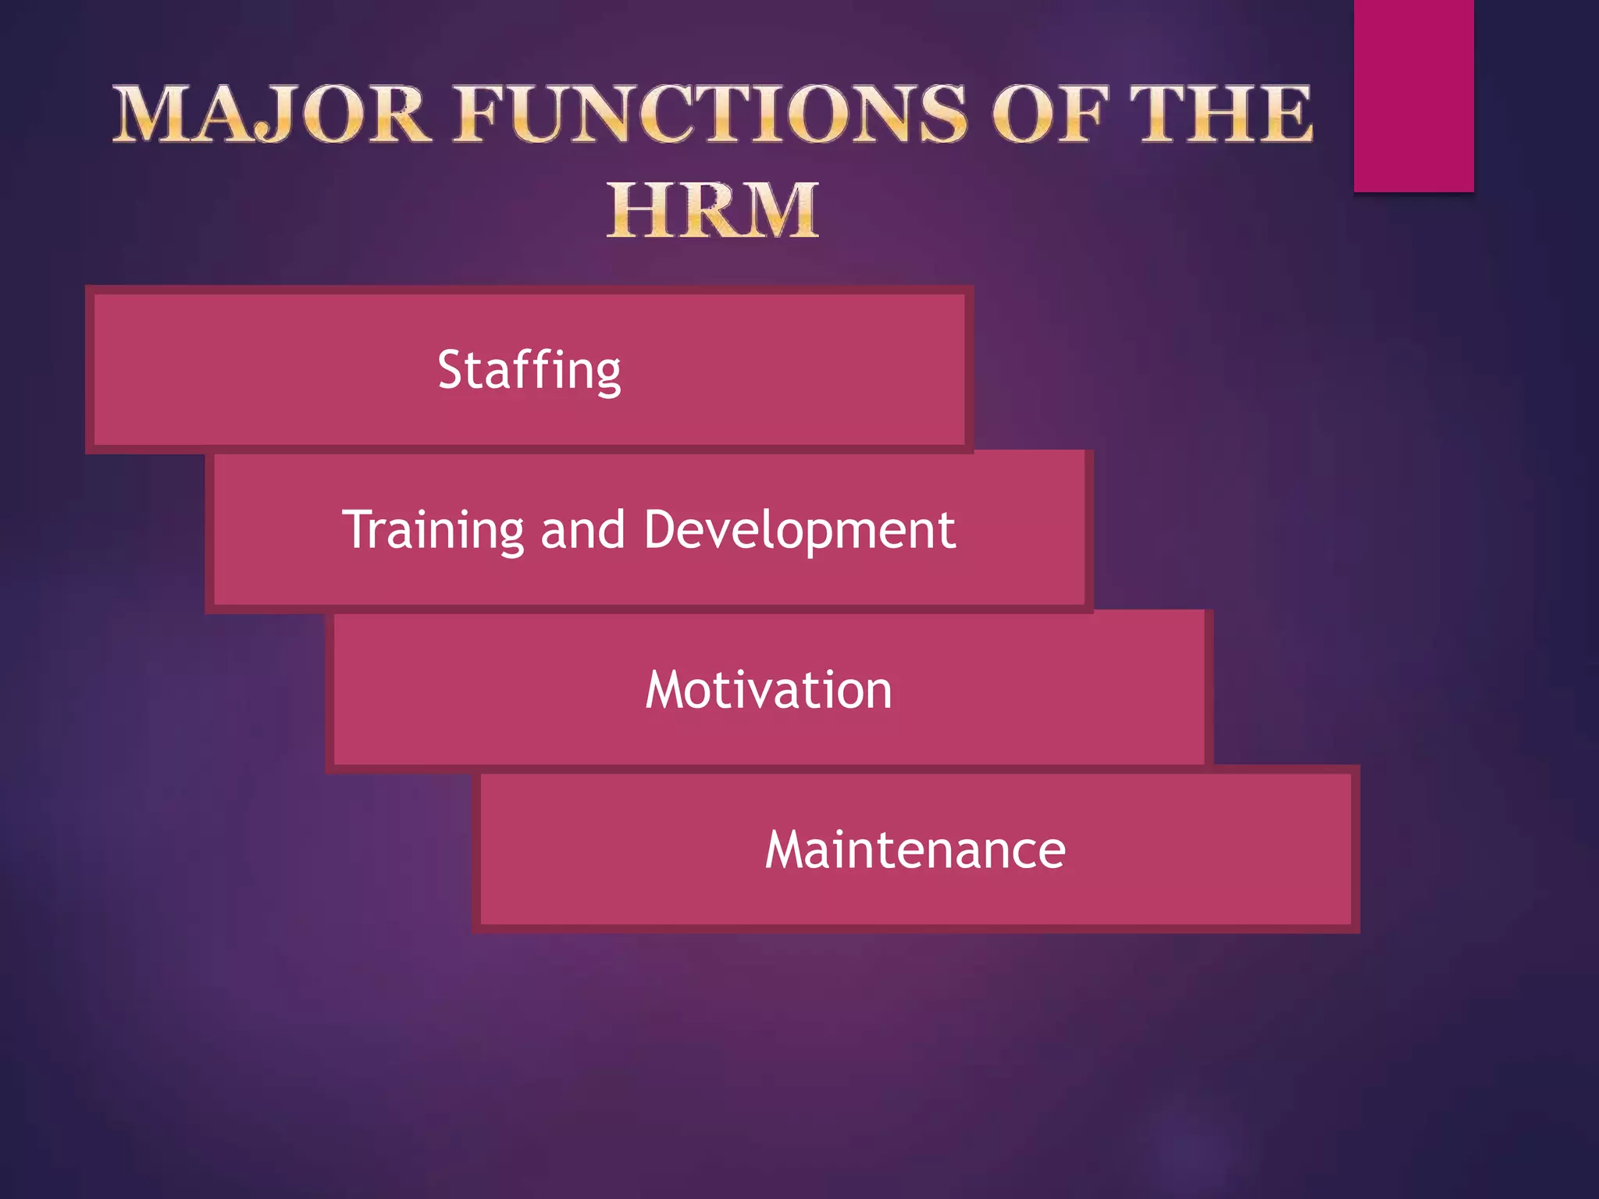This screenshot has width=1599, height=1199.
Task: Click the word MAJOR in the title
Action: tap(271, 115)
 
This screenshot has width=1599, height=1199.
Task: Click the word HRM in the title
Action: tap(713, 210)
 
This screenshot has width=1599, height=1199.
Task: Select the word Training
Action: tap(433, 530)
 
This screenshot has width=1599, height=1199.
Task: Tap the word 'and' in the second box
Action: tap(582, 530)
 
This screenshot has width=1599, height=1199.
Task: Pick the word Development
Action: tap(799, 530)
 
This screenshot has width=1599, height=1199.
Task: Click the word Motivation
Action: tap(768, 690)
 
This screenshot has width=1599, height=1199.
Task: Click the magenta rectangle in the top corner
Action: tap(1413, 95)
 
